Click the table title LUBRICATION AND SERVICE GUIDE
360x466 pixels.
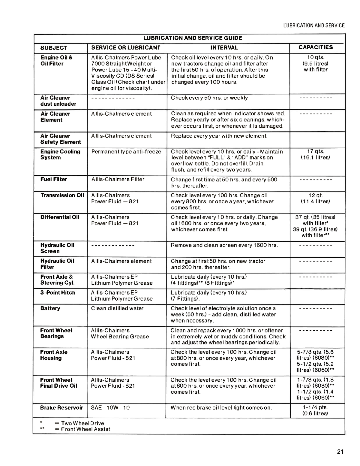click(193, 38)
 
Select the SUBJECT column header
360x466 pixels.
click(54, 48)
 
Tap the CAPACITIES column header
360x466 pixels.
click(316, 47)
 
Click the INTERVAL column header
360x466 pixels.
click(224, 48)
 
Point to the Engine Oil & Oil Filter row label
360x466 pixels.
click(56, 61)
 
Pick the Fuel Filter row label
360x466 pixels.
click(54, 180)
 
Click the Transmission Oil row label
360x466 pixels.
click(62, 195)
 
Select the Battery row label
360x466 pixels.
click(50, 308)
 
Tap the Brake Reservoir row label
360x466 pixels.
click(61, 408)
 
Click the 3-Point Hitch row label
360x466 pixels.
click(58, 293)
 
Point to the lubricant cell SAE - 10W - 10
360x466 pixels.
click(110, 408)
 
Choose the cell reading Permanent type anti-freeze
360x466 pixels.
click(126, 152)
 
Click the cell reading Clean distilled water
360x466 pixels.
click(117, 308)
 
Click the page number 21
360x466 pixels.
click(340, 452)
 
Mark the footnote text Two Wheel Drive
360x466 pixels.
click(82, 423)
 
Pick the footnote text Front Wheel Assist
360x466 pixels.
click(85, 429)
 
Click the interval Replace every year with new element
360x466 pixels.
click(219, 136)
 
